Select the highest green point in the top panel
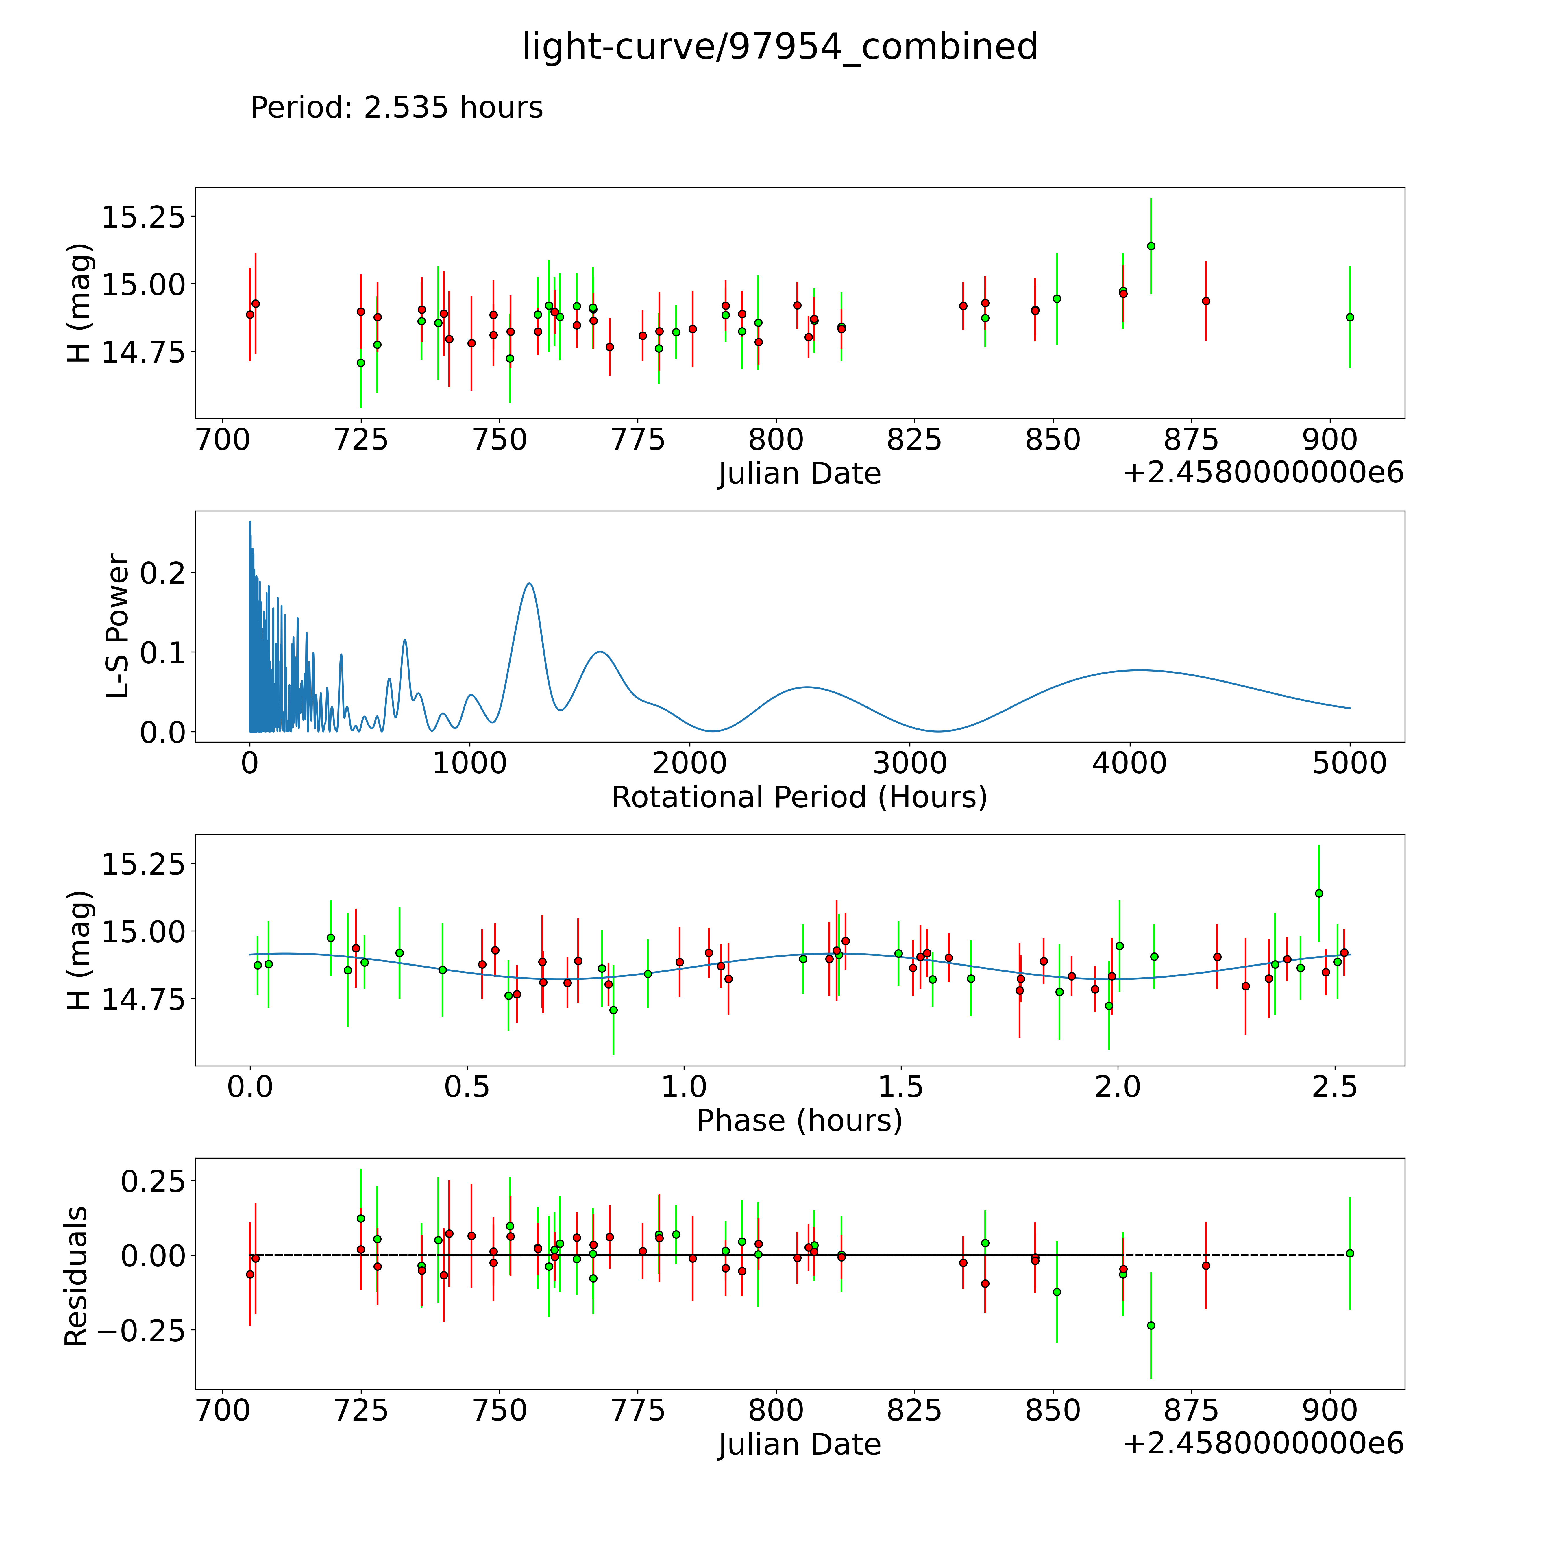click(1151, 246)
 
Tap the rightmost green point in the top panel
click(1349, 317)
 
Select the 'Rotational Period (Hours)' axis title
click(799, 798)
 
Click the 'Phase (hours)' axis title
click(799, 1121)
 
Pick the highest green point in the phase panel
click(1318, 893)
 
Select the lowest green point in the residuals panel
click(1151, 1325)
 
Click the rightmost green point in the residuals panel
click(1349, 1253)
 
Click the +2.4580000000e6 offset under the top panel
click(1263, 473)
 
